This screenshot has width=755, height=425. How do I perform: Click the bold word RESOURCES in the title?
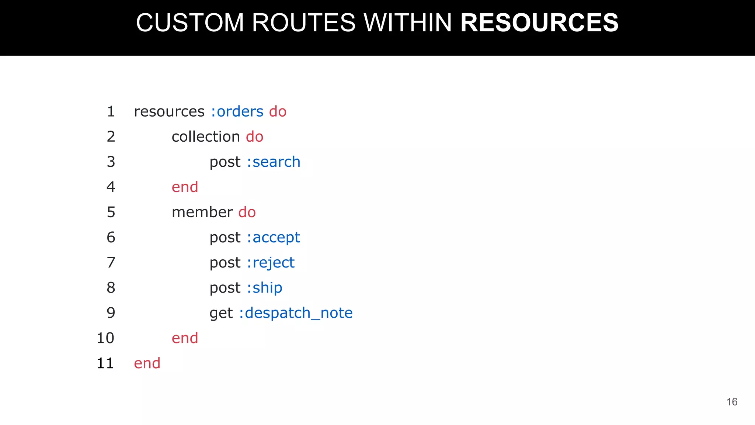point(539,23)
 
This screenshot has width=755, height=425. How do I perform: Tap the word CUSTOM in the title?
point(190,23)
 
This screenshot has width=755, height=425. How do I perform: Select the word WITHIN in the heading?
point(408,23)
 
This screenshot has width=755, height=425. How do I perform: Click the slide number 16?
point(732,402)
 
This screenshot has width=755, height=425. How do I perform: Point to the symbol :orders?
point(237,111)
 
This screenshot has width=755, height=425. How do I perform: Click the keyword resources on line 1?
point(169,111)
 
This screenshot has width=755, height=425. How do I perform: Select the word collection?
point(206,137)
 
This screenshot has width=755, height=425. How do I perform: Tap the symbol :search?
point(274,162)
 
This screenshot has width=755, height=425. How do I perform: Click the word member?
point(202,212)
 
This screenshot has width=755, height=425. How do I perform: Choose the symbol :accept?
point(274,238)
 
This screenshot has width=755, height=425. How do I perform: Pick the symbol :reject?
point(271,263)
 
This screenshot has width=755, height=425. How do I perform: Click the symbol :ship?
point(264,288)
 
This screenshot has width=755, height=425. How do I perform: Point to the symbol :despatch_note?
point(296,313)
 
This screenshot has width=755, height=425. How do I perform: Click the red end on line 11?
point(147,363)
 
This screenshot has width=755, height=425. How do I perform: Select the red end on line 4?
point(185,187)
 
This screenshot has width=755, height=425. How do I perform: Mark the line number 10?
point(105,338)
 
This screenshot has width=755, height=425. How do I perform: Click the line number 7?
point(111,263)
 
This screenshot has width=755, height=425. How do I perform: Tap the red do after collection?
point(254,137)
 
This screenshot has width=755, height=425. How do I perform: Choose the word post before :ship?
point(225,288)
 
